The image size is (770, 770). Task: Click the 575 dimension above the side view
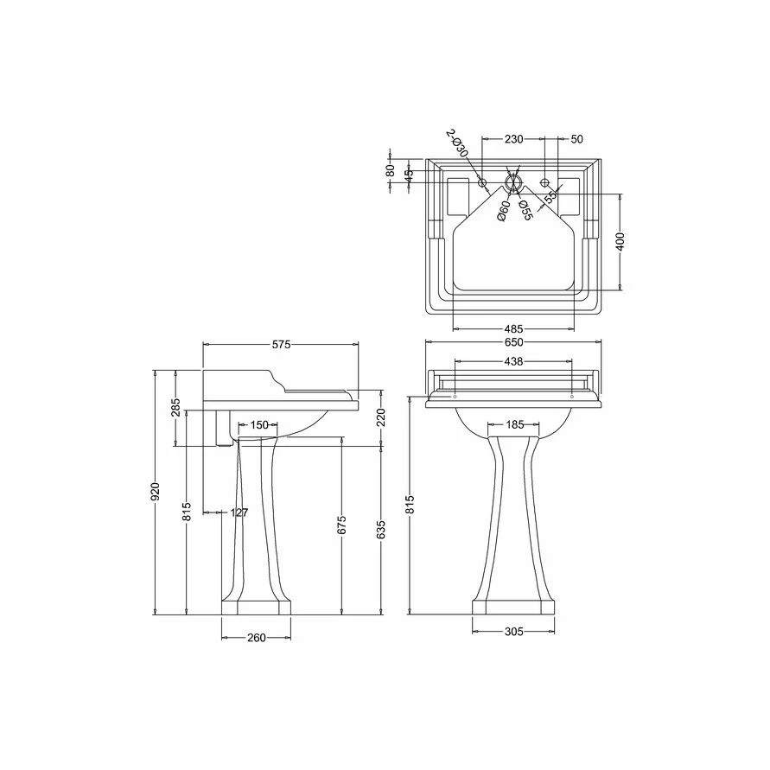[281, 344]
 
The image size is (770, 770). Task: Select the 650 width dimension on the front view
[513, 343]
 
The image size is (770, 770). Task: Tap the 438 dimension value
[513, 361]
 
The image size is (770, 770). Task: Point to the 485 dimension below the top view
[513, 328]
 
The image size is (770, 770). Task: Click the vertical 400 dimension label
[620, 241]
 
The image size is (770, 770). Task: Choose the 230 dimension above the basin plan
[513, 138]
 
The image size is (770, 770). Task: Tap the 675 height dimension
[341, 525]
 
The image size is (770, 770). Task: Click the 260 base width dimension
[256, 638]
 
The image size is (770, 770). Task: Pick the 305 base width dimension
[513, 632]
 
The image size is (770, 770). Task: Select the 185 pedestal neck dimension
[515, 424]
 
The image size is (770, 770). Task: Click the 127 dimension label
[239, 512]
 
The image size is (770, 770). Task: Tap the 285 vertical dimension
[175, 408]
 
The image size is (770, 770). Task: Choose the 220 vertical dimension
[381, 417]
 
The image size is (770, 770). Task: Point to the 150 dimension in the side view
[259, 424]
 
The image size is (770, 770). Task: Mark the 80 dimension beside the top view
[391, 171]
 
